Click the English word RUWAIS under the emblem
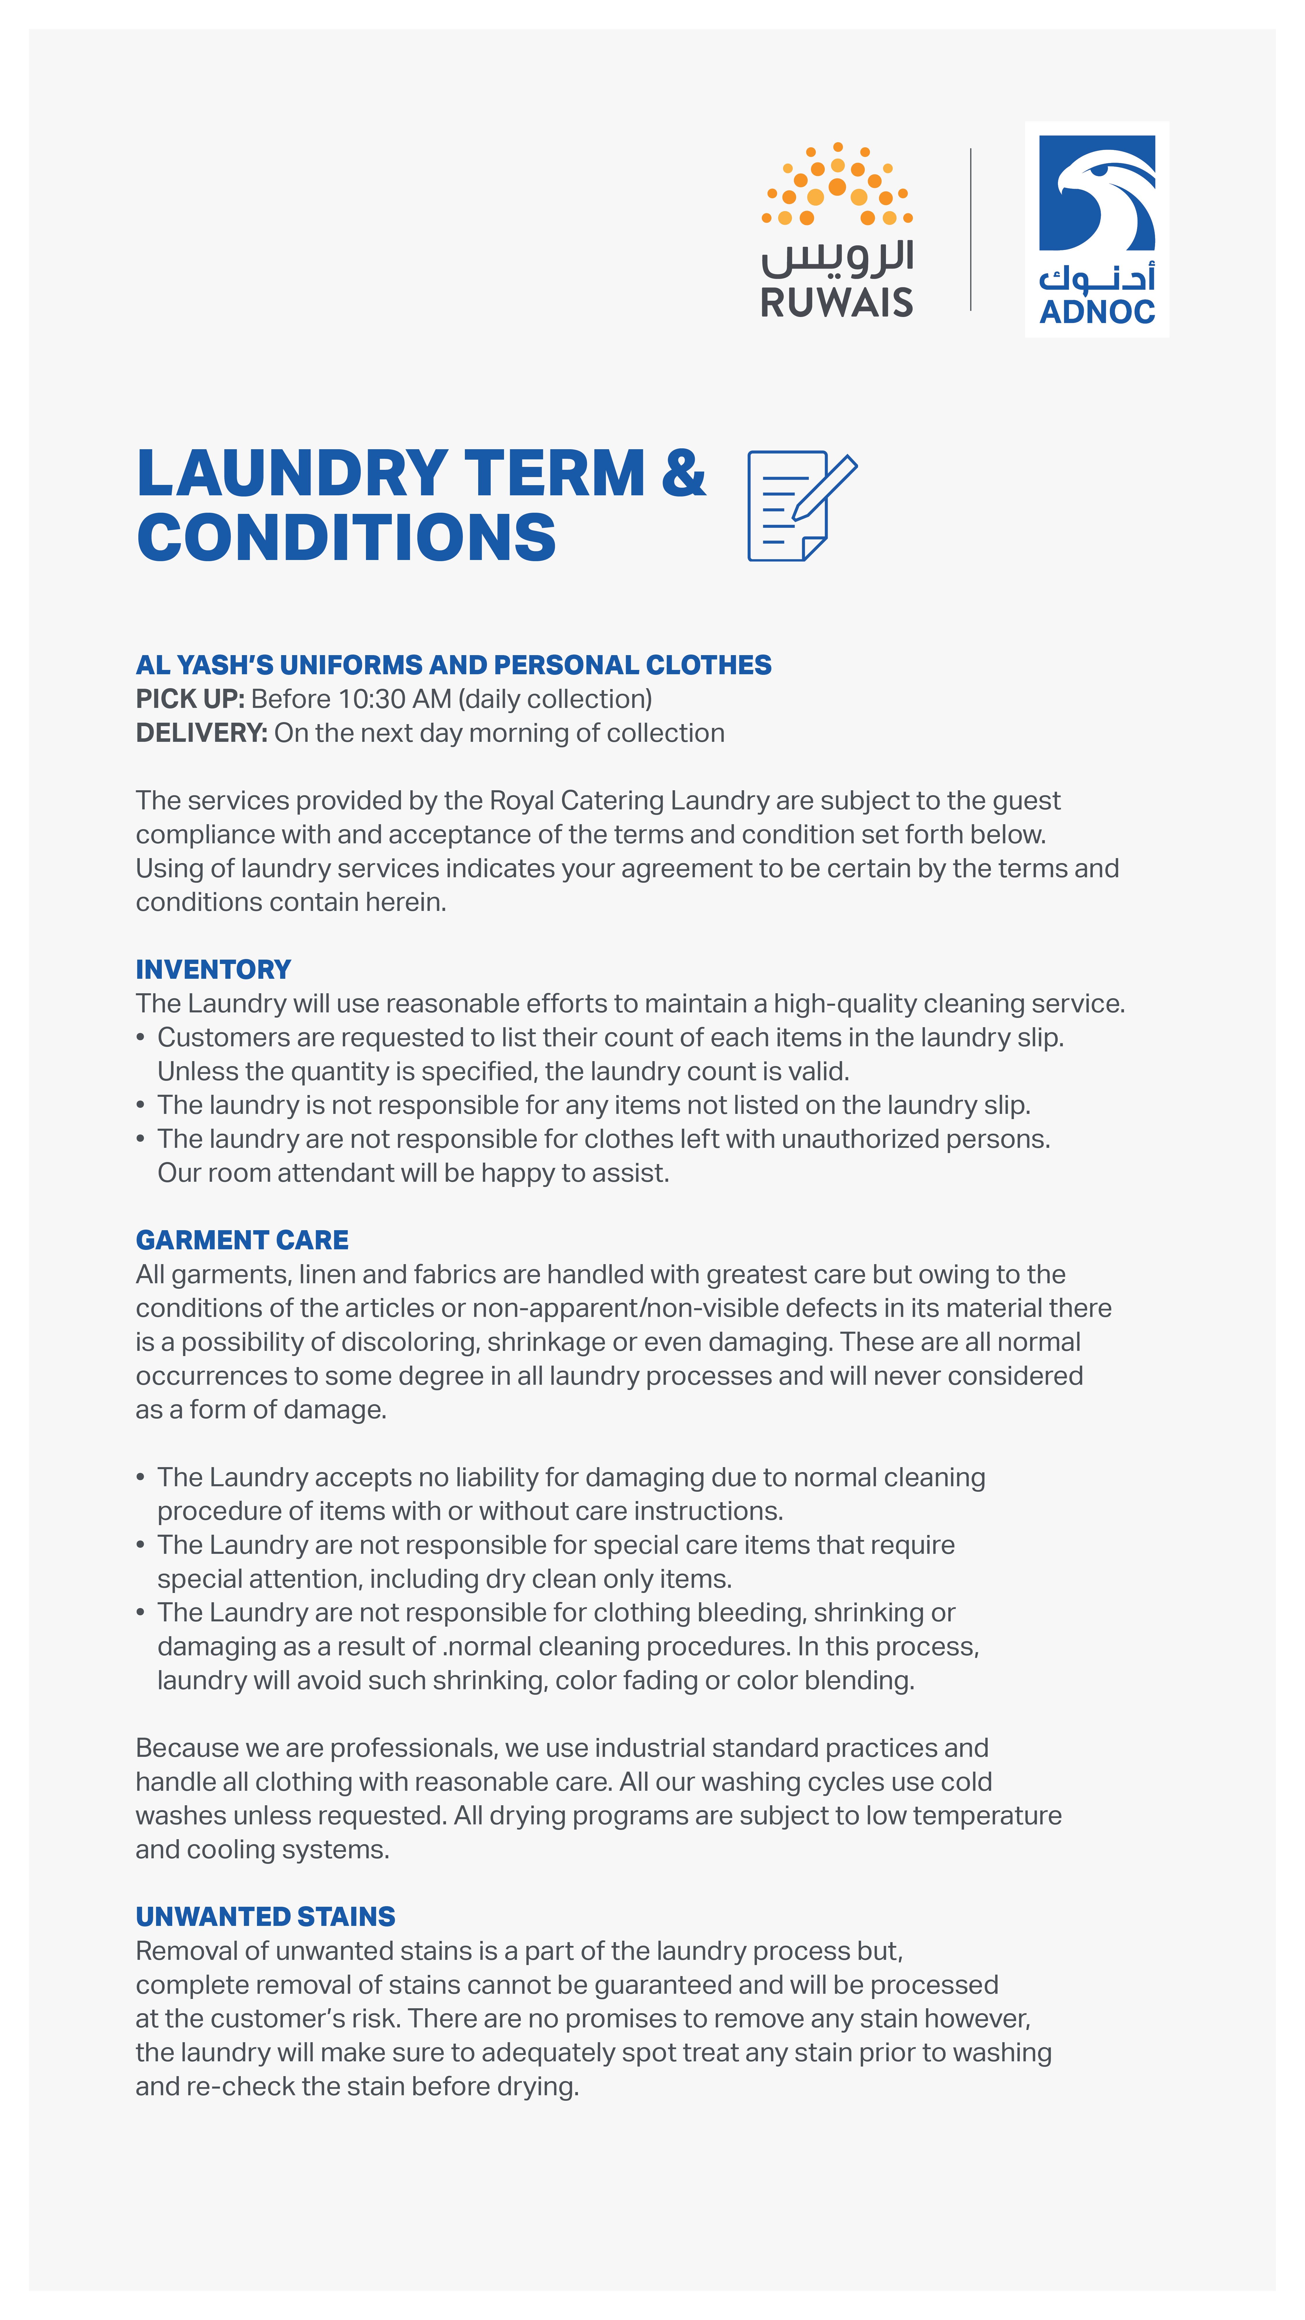tap(837, 302)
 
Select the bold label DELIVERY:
tap(201, 733)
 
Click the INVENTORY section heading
tap(213, 969)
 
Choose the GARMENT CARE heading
tap(241, 1240)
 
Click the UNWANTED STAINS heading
tap(265, 1917)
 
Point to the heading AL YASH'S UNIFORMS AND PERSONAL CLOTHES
tap(453, 665)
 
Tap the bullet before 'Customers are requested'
tap(140, 1038)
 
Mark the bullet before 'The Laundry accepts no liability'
tap(140, 1477)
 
